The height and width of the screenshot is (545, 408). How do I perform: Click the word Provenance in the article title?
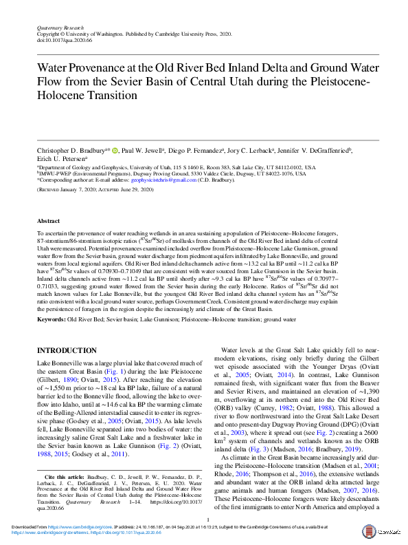tap(97, 70)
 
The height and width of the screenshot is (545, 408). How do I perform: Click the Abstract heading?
tap(49, 222)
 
